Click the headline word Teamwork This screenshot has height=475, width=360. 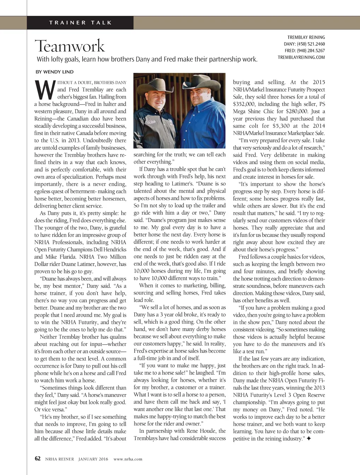(x=70, y=46)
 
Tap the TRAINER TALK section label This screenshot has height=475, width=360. (x=81, y=23)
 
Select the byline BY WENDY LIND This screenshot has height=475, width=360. (x=54, y=72)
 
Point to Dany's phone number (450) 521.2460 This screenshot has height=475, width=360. (x=311, y=44)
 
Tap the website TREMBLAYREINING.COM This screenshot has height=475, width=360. (x=301, y=57)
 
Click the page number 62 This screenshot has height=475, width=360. (x=38, y=458)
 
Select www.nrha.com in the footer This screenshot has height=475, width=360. (x=128, y=459)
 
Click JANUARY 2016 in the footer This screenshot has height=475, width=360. (x=93, y=459)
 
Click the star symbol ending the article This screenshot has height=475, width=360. (x=308, y=439)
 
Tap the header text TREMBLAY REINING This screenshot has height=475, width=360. (x=306, y=37)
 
